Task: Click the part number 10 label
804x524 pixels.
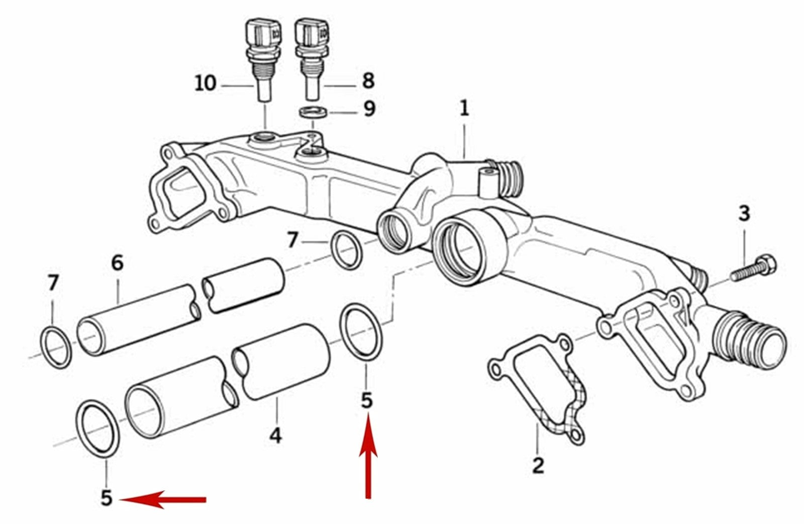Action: (x=206, y=83)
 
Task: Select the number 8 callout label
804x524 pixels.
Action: (x=368, y=80)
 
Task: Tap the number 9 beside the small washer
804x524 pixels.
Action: (x=369, y=109)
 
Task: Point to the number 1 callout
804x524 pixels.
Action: (x=464, y=108)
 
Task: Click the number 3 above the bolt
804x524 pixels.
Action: (x=744, y=213)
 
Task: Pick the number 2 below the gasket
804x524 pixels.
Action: (x=538, y=465)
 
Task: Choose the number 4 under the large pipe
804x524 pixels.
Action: (x=276, y=436)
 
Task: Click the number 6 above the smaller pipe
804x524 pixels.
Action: (x=118, y=263)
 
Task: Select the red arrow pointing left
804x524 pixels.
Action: (x=163, y=499)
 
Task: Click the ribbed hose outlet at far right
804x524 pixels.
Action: (x=750, y=339)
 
